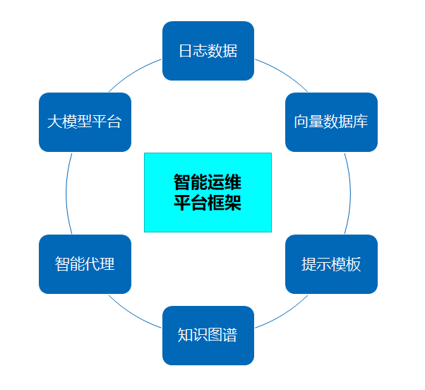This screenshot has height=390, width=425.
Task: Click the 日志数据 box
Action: pos(208,51)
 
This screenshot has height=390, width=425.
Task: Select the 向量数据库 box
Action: pos(331,122)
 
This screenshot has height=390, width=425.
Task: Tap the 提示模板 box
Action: pos(331,264)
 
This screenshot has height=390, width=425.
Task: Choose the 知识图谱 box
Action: pos(208,335)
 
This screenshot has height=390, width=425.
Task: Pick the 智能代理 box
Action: pos(85,264)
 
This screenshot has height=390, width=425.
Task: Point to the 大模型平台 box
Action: pos(85,122)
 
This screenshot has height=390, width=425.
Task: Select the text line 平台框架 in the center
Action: pos(208,203)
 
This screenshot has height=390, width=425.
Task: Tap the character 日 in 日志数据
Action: pos(185,51)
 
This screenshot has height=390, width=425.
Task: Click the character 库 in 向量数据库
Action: pos(361,122)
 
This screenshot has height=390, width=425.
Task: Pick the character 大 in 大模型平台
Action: pos(54,122)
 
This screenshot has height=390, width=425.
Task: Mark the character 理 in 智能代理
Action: pos(107,264)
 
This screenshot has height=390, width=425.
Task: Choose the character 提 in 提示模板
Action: pos(309,264)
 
